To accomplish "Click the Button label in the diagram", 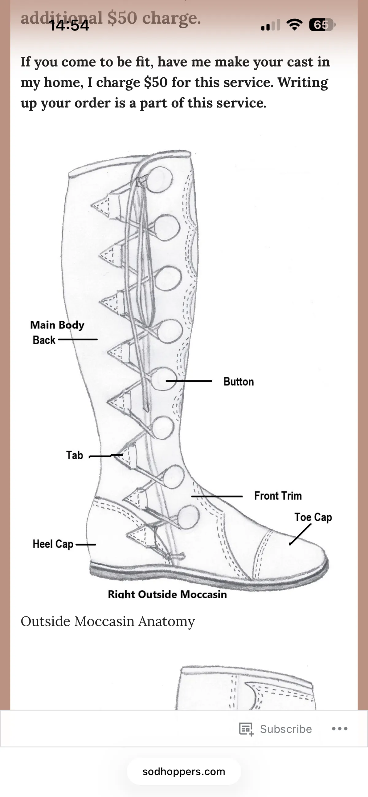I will coord(238,381).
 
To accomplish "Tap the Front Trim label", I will coord(278,496).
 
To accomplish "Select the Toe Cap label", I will coord(313,517).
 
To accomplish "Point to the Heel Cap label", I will coord(53,544).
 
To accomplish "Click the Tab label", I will coord(75,455).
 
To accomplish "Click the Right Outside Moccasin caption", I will coord(167,594).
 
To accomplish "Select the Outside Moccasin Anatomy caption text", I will coord(108,621).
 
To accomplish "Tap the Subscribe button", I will coord(276,729).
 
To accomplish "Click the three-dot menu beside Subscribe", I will coord(339,729).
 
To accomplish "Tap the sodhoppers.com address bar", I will coord(184,771).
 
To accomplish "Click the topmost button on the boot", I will coord(159,180).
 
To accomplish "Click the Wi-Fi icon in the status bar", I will coord(294,25).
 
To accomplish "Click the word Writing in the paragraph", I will coord(303,82).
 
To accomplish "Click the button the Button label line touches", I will coord(163,379).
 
